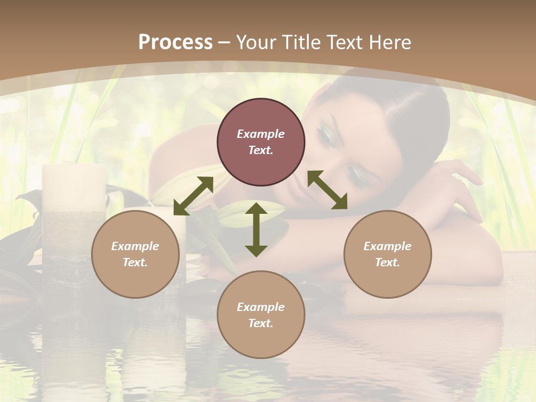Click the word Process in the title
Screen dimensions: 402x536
coord(175,42)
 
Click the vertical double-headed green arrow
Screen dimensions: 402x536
coord(256,229)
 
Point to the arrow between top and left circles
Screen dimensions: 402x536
coord(193,195)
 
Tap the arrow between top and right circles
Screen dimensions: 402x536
coord(327,190)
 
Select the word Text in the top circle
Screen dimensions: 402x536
coord(261,151)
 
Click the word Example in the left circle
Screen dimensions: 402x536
coord(135,246)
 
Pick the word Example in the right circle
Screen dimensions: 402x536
coord(387,246)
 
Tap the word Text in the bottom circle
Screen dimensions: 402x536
coord(261,323)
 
